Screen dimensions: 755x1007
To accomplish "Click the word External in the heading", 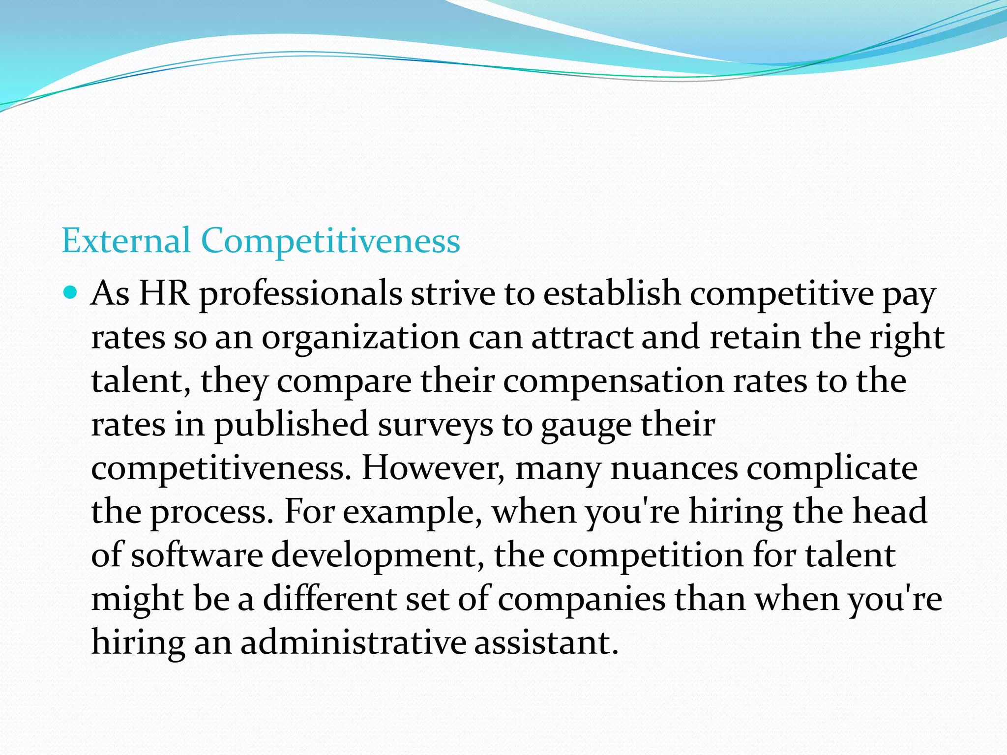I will click(x=126, y=241).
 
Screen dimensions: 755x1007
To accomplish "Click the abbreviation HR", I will click(x=164, y=293).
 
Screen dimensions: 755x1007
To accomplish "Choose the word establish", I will click(x=612, y=293).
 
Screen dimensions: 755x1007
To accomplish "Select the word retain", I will click(x=755, y=338).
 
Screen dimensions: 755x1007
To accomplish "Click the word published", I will click(x=291, y=425).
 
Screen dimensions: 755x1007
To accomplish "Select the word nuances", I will click(x=674, y=468).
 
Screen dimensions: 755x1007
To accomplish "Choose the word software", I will click(x=197, y=555).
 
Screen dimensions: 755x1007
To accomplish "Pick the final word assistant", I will click(x=546, y=642).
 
